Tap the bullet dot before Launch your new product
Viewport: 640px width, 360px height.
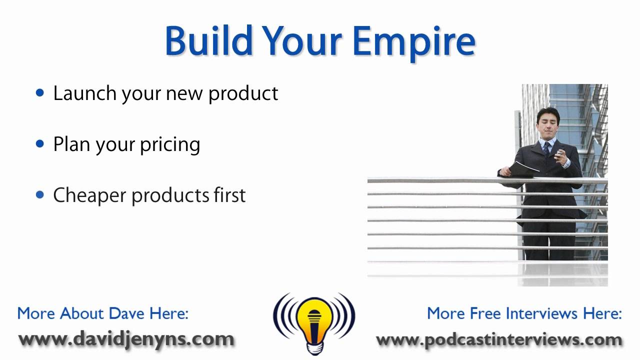pyautogui.click(x=40, y=92)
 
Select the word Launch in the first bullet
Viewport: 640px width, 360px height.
pyautogui.click(x=84, y=93)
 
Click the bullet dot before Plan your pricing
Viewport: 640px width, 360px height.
pyautogui.click(x=40, y=143)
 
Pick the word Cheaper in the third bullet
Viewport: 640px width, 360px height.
pyautogui.click(x=89, y=195)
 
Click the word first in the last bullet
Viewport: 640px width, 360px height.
pyautogui.click(x=228, y=195)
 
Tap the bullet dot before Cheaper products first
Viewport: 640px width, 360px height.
pyautogui.click(x=40, y=194)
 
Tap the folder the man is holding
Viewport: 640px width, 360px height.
pyautogui.click(x=523, y=169)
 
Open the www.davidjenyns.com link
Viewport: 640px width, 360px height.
pyautogui.click(x=126, y=339)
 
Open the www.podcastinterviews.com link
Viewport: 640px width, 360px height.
pyautogui.click(x=499, y=339)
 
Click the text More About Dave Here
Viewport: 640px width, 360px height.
pyautogui.click(x=103, y=313)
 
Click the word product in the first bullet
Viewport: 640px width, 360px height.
pyautogui.click(x=243, y=93)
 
